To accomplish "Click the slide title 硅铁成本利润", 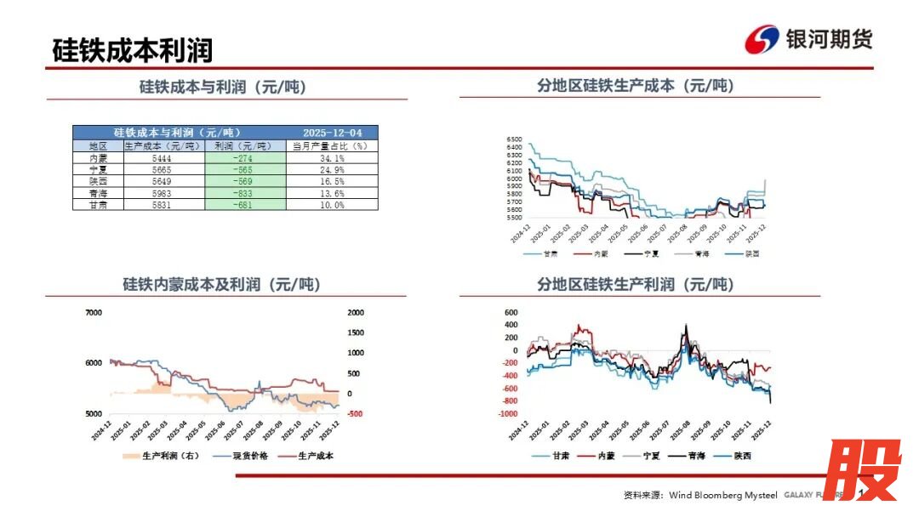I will click(x=132, y=49).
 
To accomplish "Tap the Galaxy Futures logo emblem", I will click(x=762, y=39).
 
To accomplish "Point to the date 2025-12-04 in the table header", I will click(x=332, y=133).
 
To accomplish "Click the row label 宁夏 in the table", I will click(x=98, y=170).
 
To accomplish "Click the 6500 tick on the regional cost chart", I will click(x=513, y=139).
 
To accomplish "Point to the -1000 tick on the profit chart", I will click(x=508, y=414).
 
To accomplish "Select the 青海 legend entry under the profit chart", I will click(x=698, y=456).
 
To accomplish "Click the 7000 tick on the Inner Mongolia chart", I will click(x=94, y=313).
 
